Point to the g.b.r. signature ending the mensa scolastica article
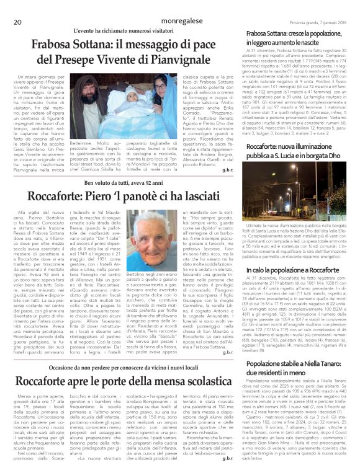tap(227, 458)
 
